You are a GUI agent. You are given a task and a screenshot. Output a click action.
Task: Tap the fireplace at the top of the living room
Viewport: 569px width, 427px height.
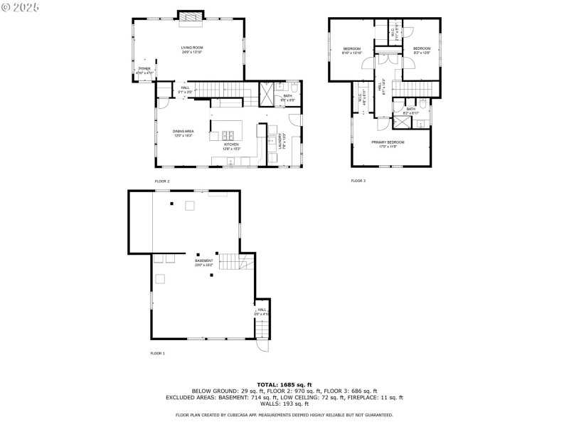pyautogui.click(x=190, y=16)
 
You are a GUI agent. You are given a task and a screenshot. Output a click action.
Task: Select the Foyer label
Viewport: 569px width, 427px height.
pyautogui.click(x=145, y=70)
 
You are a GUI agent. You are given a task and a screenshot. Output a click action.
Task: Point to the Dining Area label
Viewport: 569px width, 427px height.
pyautogui.click(x=183, y=132)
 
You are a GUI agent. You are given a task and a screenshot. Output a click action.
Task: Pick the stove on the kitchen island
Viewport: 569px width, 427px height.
pyautogui.click(x=230, y=135)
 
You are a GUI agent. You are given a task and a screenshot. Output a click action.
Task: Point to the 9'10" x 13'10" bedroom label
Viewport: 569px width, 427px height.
pyautogui.click(x=352, y=51)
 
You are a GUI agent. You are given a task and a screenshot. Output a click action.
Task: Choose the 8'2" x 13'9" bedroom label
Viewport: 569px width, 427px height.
pyautogui.click(x=422, y=50)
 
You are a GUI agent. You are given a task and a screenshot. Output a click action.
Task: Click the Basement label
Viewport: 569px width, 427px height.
pyautogui.click(x=204, y=263)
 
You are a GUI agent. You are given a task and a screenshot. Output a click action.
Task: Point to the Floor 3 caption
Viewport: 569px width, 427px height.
pyautogui.click(x=358, y=181)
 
